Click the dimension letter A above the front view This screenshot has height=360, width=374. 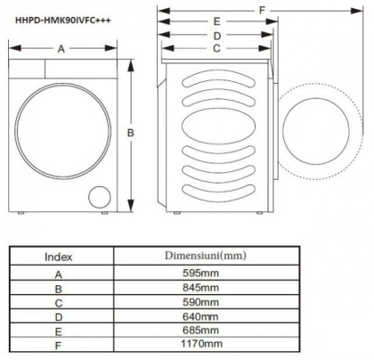click(x=61, y=50)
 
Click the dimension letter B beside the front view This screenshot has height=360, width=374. click(x=130, y=134)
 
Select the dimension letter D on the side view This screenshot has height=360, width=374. click(x=216, y=36)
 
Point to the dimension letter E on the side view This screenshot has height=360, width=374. click(x=216, y=20)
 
